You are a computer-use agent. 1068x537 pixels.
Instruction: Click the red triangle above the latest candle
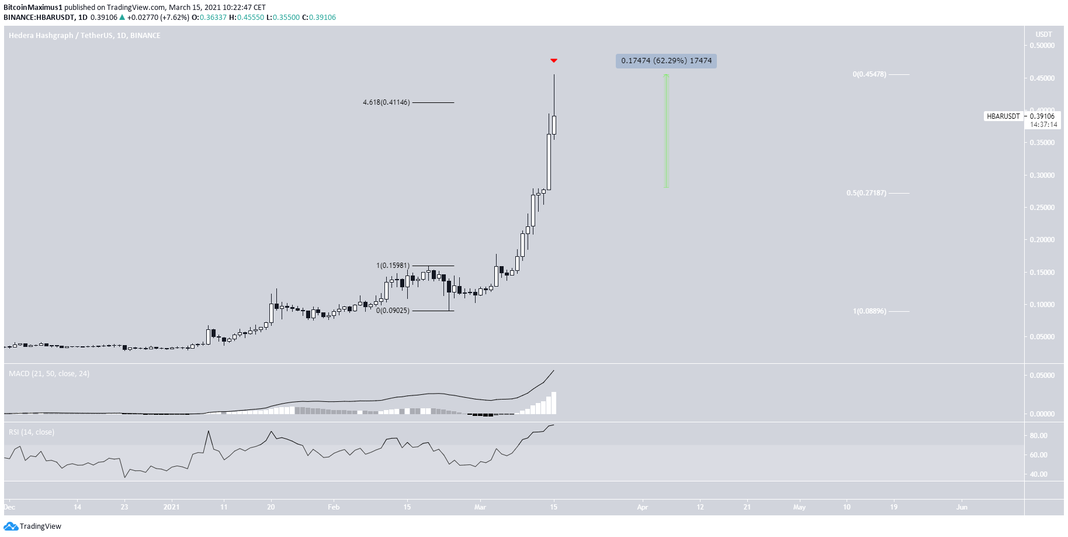(554, 61)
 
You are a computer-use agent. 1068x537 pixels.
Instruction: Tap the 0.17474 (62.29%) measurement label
(666, 61)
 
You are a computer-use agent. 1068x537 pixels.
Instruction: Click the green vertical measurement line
(666, 132)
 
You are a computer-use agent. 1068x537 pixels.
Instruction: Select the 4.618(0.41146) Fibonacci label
(386, 102)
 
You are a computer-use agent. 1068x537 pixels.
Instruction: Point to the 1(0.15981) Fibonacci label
(393, 266)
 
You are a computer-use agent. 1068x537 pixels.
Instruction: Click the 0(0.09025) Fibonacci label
(393, 311)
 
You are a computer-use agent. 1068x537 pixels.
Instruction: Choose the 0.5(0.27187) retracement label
(866, 193)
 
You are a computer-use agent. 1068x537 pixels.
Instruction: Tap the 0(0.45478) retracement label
(869, 74)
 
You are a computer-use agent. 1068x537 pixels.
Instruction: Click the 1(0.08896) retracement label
(869, 311)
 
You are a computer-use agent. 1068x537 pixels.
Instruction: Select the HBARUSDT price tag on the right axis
(1003, 116)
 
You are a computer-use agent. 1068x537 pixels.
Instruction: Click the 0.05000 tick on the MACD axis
(1042, 376)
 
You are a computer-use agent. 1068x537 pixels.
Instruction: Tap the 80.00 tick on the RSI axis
(1038, 436)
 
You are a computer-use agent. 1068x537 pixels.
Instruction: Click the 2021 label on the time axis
(172, 507)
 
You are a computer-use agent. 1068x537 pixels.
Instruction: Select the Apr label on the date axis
(642, 507)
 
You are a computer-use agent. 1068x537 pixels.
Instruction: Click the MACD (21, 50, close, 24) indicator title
(49, 374)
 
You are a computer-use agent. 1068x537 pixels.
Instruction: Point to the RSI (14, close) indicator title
(32, 432)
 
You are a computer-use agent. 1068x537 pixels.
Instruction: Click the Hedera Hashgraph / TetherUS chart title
(85, 36)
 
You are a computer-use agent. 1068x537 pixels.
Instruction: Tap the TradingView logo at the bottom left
(33, 526)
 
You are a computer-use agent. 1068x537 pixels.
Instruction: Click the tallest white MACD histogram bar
(554, 403)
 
